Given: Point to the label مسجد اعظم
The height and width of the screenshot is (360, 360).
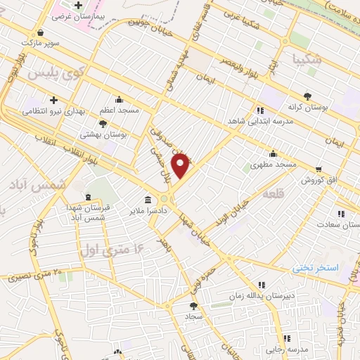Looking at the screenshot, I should [119, 110].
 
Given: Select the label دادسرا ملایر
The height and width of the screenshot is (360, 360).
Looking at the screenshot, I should [147, 210].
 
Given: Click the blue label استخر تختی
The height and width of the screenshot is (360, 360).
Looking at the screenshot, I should [316, 268].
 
